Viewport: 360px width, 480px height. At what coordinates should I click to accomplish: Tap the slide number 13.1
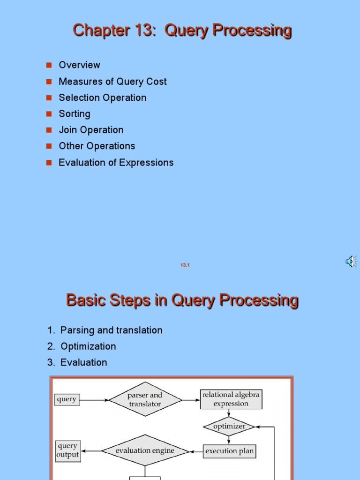click(x=185, y=265)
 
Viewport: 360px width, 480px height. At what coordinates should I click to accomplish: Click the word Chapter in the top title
click(x=95, y=30)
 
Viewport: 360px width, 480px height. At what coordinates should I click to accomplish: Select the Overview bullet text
click(x=79, y=65)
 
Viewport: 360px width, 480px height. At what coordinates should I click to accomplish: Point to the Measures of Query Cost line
click(x=112, y=82)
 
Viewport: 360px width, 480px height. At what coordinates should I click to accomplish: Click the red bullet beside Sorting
click(x=48, y=114)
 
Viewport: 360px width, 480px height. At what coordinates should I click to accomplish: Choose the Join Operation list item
click(x=91, y=130)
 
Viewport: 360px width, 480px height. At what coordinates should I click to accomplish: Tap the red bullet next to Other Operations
click(x=48, y=146)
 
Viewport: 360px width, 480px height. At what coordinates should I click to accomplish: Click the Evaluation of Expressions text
click(x=116, y=163)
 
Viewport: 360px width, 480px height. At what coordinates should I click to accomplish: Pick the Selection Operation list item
click(x=102, y=97)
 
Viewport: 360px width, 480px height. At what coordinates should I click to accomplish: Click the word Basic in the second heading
click(x=84, y=300)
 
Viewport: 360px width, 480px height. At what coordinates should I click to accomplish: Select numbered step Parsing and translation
click(x=111, y=330)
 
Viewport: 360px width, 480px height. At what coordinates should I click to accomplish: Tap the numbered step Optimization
click(x=88, y=346)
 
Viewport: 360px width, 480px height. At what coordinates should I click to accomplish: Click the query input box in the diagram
click(x=67, y=400)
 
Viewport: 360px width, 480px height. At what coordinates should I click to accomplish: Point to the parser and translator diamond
click(x=145, y=399)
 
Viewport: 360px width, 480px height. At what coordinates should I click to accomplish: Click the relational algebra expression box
click(x=231, y=399)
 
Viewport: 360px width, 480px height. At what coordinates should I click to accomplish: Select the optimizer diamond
click(x=229, y=427)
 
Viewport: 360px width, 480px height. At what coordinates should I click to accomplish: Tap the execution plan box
click(x=230, y=451)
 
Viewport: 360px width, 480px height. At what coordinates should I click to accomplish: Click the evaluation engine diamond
click(x=145, y=451)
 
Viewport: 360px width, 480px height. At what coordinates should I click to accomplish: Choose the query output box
click(x=67, y=450)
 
